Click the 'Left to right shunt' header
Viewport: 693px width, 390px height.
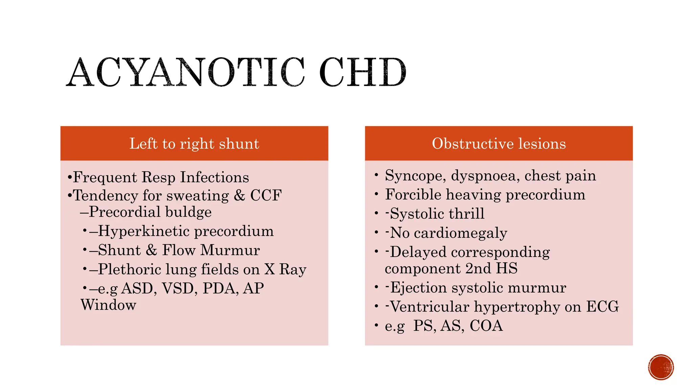point(194,144)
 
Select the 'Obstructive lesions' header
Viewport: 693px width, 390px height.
point(499,144)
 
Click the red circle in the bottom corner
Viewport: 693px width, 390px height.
point(661,367)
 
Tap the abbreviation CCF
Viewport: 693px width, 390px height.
point(266,195)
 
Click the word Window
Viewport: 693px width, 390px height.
point(108,305)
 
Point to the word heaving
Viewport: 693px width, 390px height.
point(473,195)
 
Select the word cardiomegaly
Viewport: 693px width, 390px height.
point(460,233)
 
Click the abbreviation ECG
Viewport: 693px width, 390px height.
point(602,307)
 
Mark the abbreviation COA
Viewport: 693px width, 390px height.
point(486,326)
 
